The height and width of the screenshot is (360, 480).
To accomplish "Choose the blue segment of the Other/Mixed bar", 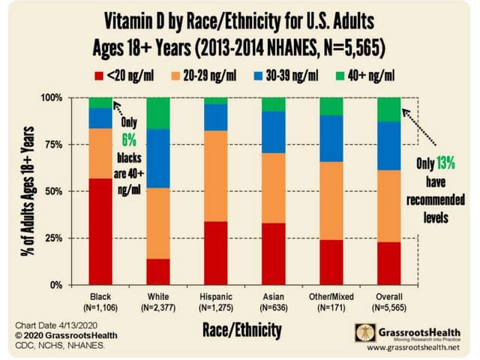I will point(332,138).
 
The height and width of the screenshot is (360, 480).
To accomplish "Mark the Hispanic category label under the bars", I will point(217,297).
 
